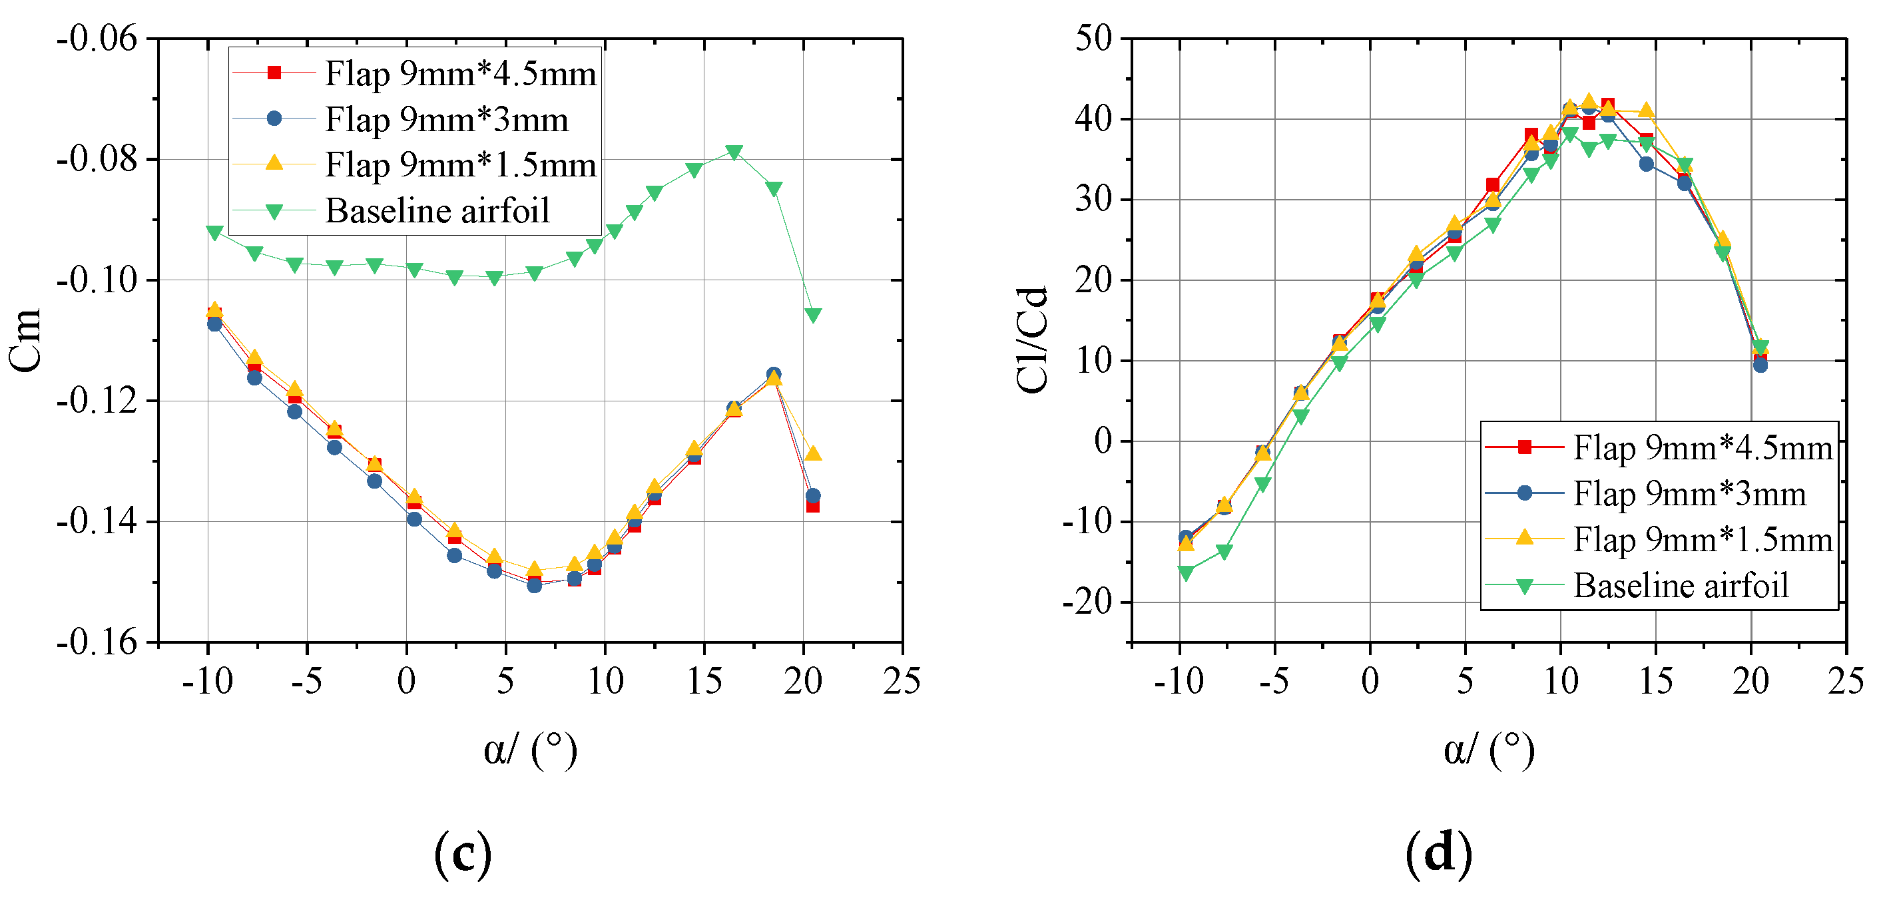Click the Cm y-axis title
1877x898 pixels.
(25, 340)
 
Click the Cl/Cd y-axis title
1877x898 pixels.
(1033, 340)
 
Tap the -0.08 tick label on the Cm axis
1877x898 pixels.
(97, 160)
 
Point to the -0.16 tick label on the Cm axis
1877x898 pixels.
(97, 642)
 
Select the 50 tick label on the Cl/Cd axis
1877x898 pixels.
(1095, 38)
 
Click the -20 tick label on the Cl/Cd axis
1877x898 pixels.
(1087, 602)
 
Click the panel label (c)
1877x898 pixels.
(463, 853)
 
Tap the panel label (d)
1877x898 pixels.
(1438, 853)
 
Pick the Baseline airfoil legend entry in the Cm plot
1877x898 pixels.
(437, 211)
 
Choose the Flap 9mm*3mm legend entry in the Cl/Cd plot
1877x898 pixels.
(1689, 494)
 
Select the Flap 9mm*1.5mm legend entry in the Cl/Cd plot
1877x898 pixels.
(1702, 540)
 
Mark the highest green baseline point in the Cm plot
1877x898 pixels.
(734, 152)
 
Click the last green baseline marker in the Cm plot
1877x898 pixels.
(813, 315)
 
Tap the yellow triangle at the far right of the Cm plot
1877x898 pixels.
(813, 454)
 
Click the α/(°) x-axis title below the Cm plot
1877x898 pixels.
(530, 750)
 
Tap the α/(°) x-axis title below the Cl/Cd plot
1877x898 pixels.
(1489, 750)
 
